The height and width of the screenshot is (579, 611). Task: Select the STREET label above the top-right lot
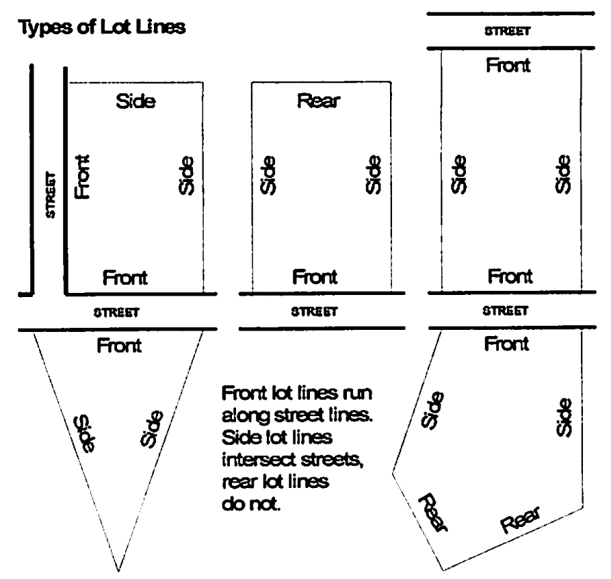click(508, 30)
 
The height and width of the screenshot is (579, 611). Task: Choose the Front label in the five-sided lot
click(506, 344)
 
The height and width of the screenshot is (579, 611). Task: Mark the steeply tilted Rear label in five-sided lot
click(432, 512)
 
